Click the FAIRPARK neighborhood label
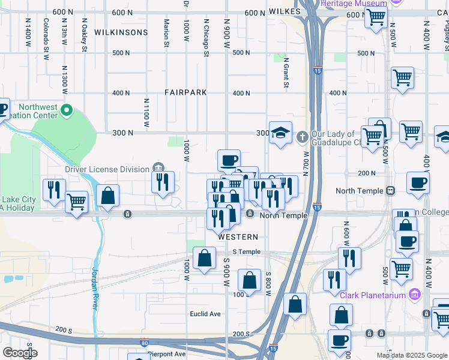tap(186, 93)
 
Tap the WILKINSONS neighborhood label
tap(120, 32)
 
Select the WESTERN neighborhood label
tap(238, 237)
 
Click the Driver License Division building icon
tap(158, 167)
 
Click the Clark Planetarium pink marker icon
tap(414, 294)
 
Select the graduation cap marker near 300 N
tap(280, 133)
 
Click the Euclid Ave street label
tap(206, 314)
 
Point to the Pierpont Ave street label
tap(167, 354)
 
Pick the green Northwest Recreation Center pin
tap(67, 110)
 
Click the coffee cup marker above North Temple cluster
tap(229, 160)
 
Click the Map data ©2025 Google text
tap(412, 355)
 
